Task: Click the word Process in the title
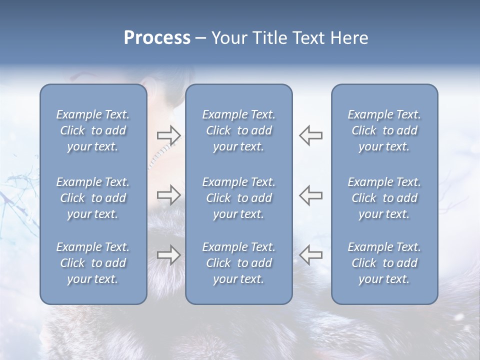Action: tap(157, 38)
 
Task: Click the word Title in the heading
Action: tap(270, 38)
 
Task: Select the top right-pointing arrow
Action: tap(169, 135)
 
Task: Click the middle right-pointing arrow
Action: tap(169, 195)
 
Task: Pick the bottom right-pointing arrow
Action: tap(169, 255)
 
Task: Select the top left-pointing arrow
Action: tap(310, 135)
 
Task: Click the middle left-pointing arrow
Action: tap(310, 195)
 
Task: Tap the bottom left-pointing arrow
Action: tap(310, 255)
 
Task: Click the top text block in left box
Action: tap(93, 130)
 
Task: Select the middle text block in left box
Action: tap(93, 198)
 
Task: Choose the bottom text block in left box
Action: tap(93, 263)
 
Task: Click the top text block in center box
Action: tap(239, 130)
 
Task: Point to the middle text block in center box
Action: tap(239, 198)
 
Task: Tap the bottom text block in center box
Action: tap(239, 263)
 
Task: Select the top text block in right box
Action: tap(384, 130)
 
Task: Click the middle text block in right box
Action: tap(384, 198)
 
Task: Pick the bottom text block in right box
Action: tap(384, 263)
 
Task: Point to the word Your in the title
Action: tap(228, 38)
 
